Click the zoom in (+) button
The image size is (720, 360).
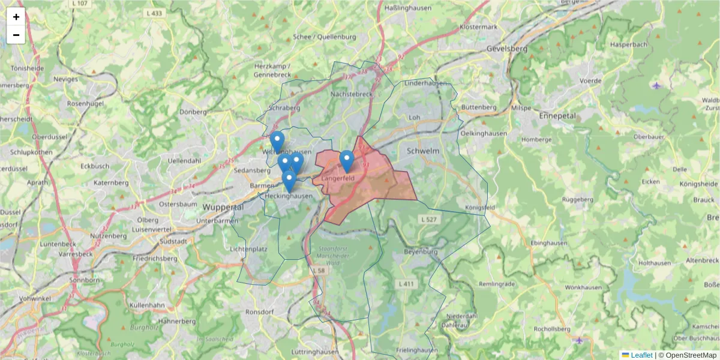coord(16,17)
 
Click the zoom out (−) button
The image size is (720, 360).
coord(16,35)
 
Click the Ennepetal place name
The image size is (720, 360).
coord(557,115)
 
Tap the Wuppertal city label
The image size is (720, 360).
coord(223,207)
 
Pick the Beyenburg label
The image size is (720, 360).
coord(422,251)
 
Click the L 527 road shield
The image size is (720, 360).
coord(429,220)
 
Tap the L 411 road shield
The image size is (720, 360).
coord(406,283)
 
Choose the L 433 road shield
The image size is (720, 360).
coord(154,13)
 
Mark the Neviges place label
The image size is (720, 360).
coord(65,79)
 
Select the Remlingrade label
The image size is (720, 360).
coord(498,283)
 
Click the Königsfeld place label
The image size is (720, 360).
coord(479,208)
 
